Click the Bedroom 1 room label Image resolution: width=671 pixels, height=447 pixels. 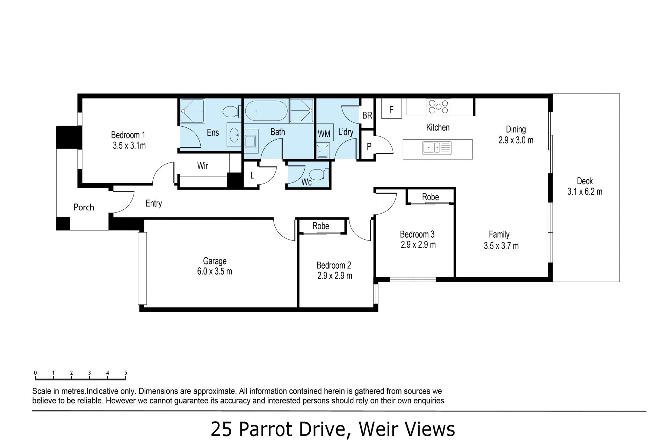(x=129, y=140)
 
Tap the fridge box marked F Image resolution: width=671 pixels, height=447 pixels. (x=391, y=109)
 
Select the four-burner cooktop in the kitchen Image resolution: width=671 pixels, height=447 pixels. (x=438, y=107)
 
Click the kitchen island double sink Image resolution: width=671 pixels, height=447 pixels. (x=437, y=148)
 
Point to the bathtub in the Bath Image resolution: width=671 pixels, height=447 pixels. (x=266, y=111)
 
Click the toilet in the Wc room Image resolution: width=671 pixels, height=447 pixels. (x=320, y=174)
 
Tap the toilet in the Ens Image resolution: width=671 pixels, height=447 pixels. (x=231, y=112)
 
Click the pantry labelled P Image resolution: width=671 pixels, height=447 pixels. (x=368, y=146)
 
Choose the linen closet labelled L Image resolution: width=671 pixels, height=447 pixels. (x=252, y=175)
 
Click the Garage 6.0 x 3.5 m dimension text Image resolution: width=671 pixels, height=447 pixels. (x=215, y=271)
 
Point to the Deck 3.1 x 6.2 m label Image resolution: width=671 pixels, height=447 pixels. (x=585, y=186)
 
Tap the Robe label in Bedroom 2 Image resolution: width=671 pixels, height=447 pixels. (x=321, y=226)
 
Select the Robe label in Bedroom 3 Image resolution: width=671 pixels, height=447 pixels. (x=430, y=197)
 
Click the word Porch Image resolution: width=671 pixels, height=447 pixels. (x=84, y=207)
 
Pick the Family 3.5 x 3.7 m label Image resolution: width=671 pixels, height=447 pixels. (x=501, y=240)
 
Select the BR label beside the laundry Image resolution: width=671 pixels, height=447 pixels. (x=367, y=115)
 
